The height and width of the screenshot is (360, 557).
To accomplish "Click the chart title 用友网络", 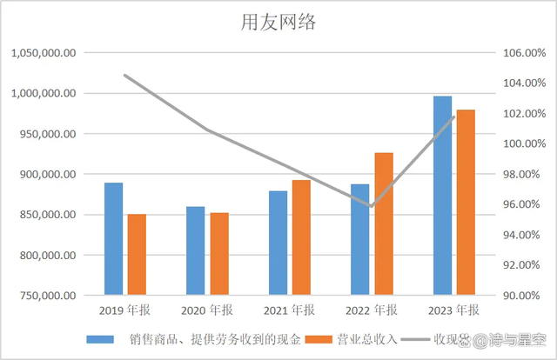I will [x=278, y=23].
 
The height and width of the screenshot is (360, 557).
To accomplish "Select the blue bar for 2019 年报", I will [x=113, y=239].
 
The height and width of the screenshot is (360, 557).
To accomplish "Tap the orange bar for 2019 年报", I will [x=137, y=255].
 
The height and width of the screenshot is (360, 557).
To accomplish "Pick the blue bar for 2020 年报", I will [x=195, y=251].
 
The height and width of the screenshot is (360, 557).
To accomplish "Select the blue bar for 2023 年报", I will [x=443, y=196].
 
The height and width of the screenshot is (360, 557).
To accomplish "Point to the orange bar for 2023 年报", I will [x=466, y=203].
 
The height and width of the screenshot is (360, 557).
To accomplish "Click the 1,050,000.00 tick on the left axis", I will [x=44, y=53].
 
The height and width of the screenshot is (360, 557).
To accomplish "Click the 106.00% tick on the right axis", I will [x=523, y=53].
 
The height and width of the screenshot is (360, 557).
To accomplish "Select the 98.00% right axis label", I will [x=523, y=174].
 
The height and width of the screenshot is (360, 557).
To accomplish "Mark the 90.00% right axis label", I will [x=523, y=296].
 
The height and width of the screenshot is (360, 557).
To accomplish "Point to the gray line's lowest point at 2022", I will [x=372, y=207].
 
